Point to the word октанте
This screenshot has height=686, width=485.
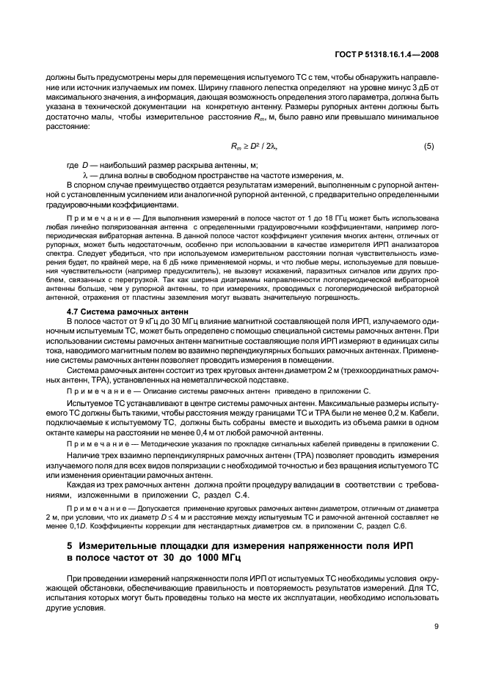click(x=64, y=435)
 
